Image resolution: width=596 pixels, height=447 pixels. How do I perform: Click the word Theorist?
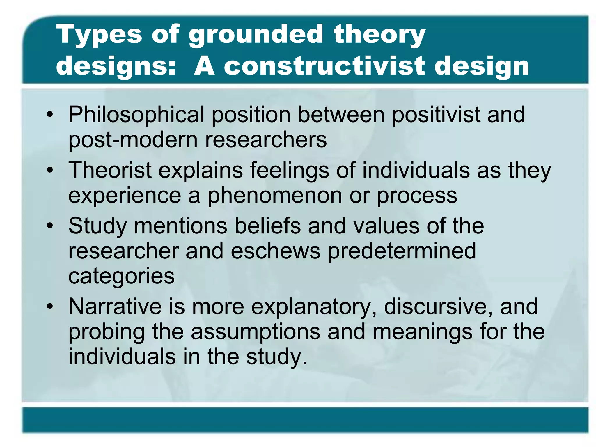pos(110,170)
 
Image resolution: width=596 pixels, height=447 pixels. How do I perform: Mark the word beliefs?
pos(267,226)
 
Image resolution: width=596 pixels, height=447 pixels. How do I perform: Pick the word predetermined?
pos(402,251)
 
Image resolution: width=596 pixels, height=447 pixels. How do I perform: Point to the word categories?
pos(121,276)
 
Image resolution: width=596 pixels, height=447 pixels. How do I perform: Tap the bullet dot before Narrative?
pos(50,307)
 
